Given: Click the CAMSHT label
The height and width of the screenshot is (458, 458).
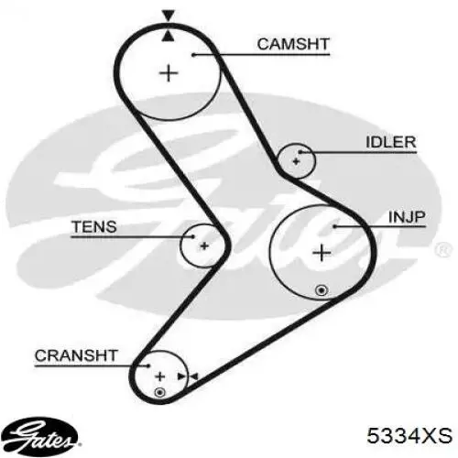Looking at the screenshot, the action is (293, 44).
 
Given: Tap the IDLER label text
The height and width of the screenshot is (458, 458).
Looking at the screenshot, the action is (391, 142).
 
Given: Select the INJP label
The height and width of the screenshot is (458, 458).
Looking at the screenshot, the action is (407, 217).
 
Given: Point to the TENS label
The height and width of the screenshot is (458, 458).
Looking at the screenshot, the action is (94, 227).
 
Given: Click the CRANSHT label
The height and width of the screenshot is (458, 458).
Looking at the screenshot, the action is (76, 355).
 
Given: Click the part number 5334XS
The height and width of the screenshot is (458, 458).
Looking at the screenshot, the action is (409, 435).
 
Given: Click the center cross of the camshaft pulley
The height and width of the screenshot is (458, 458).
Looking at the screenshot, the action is (169, 73).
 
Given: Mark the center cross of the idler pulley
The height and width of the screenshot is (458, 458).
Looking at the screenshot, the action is (296, 161).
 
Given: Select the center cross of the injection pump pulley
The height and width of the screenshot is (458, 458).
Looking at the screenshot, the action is (322, 253).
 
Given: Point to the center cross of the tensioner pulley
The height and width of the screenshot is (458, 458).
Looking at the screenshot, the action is (204, 245).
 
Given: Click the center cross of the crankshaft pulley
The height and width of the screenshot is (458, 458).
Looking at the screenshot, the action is (160, 376).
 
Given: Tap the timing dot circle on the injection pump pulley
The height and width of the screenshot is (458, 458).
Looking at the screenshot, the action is (322, 290).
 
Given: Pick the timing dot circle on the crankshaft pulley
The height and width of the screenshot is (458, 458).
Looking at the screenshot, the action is (160, 393).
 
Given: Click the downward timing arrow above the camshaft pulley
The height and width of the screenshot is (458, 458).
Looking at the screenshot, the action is (169, 16).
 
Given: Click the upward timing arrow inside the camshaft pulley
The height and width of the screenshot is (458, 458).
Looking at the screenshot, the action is (169, 36).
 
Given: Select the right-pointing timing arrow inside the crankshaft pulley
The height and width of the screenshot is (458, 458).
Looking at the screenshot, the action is (181, 376).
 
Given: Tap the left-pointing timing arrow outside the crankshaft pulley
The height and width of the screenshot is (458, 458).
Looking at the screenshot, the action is (194, 376).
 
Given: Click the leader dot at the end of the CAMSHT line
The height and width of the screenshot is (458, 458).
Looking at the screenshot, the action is (193, 55).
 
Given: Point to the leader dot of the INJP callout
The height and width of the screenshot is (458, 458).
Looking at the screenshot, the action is (334, 226).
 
